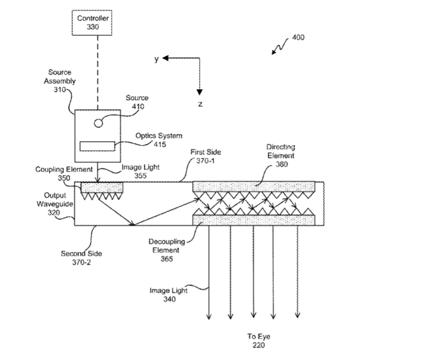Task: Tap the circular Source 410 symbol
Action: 98,123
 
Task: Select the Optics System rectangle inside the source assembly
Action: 98,146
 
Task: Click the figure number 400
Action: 298,38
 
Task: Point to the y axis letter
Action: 156,59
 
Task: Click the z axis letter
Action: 200,103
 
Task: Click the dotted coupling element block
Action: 102,187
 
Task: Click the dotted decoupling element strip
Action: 254,219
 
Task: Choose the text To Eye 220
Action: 258,341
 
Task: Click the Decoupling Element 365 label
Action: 165,250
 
